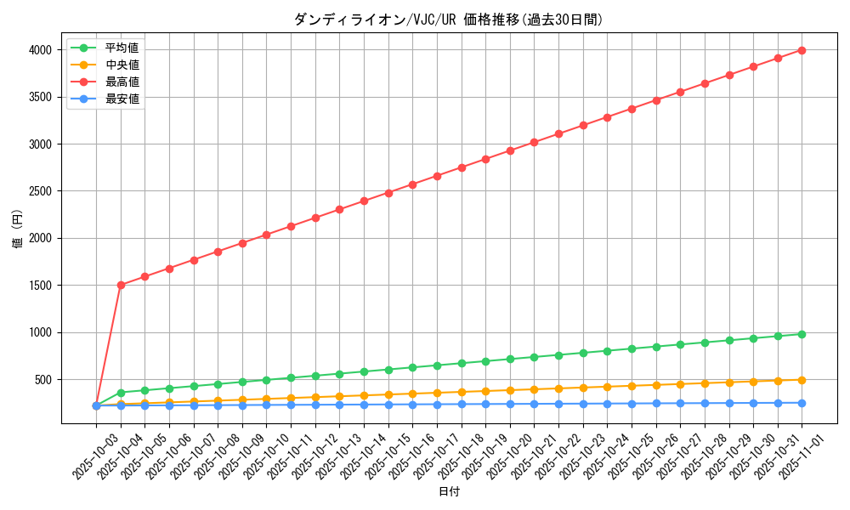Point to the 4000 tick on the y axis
click(40, 50)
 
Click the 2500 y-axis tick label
click(40, 191)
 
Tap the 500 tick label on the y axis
click(44, 380)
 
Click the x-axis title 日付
click(449, 492)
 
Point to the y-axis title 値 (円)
click(18, 229)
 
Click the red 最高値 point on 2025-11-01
click(802, 50)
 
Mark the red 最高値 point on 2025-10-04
click(121, 285)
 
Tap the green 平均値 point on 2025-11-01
click(802, 334)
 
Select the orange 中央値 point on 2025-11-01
click(802, 380)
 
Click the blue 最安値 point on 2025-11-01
click(802, 403)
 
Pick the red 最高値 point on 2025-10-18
click(462, 167)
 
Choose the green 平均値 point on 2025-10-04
click(121, 393)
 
